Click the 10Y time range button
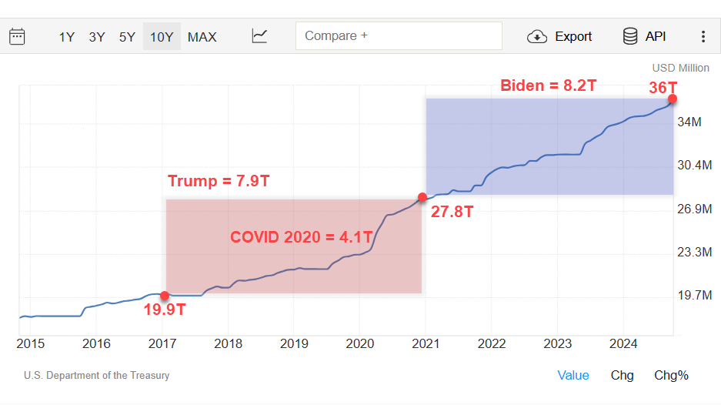pyautogui.click(x=162, y=36)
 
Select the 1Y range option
pyautogui.click(x=67, y=36)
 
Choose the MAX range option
pyautogui.click(x=202, y=36)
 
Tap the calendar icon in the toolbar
pyautogui.click(x=17, y=36)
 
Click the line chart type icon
pyautogui.click(x=260, y=36)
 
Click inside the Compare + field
pyautogui.click(x=399, y=36)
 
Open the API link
pyautogui.click(x=644, y=36)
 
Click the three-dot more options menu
pyautogui.click(x=703, y=36)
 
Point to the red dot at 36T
pyautogui.click(x=673, y=99)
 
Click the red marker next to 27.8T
pyautogui.click(x=422, y=197)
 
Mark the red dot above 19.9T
pyautogui.click(x=165, y=296)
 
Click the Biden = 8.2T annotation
pyautogui.click(x=548, y=85)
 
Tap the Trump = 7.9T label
pyautogui.click(x=219, y=182)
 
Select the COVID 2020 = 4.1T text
pyautogui.click(x=302, y=237)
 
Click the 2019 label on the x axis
pyautogui.click(x=294, y=343)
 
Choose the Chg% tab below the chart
pyautogui.click(x=671, y=375)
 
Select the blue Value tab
pyautogui.click(x=573, y=375)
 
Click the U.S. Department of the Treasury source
pyautogui.click(x=97, y=376)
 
